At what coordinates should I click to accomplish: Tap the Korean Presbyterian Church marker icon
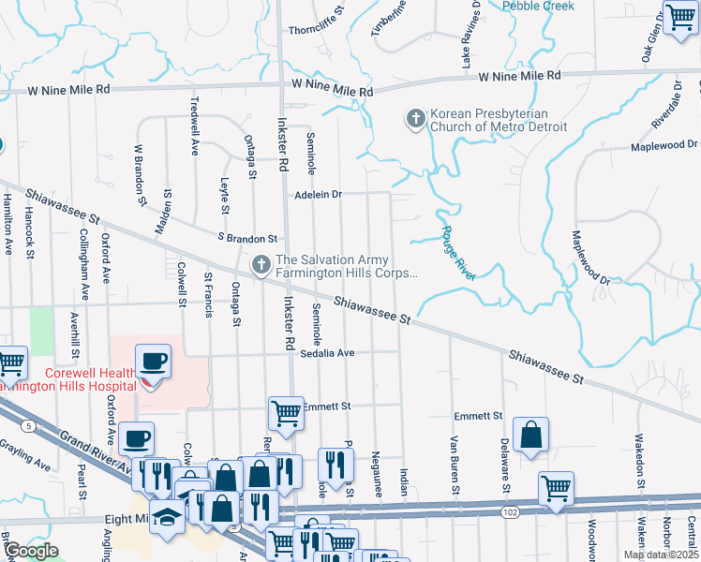coord(415,119)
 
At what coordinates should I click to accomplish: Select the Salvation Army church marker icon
coord(261,265)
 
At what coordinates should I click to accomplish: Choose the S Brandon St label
coord(247,239)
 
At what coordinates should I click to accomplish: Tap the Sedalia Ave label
coord(327,353)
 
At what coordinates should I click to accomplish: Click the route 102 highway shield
coord(510,512)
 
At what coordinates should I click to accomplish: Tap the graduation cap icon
coord(168,518)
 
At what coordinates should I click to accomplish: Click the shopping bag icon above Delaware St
coord(530,435)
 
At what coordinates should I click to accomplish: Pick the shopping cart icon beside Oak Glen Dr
coord(680,16)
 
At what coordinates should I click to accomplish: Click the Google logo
coord(31,551)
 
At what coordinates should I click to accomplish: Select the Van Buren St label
coord(454,465)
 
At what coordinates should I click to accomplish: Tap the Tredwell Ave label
coord(195,126)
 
